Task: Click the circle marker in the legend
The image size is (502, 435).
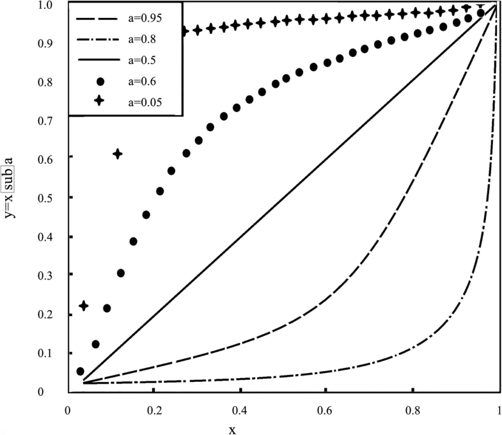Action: [x=88, y=81]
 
